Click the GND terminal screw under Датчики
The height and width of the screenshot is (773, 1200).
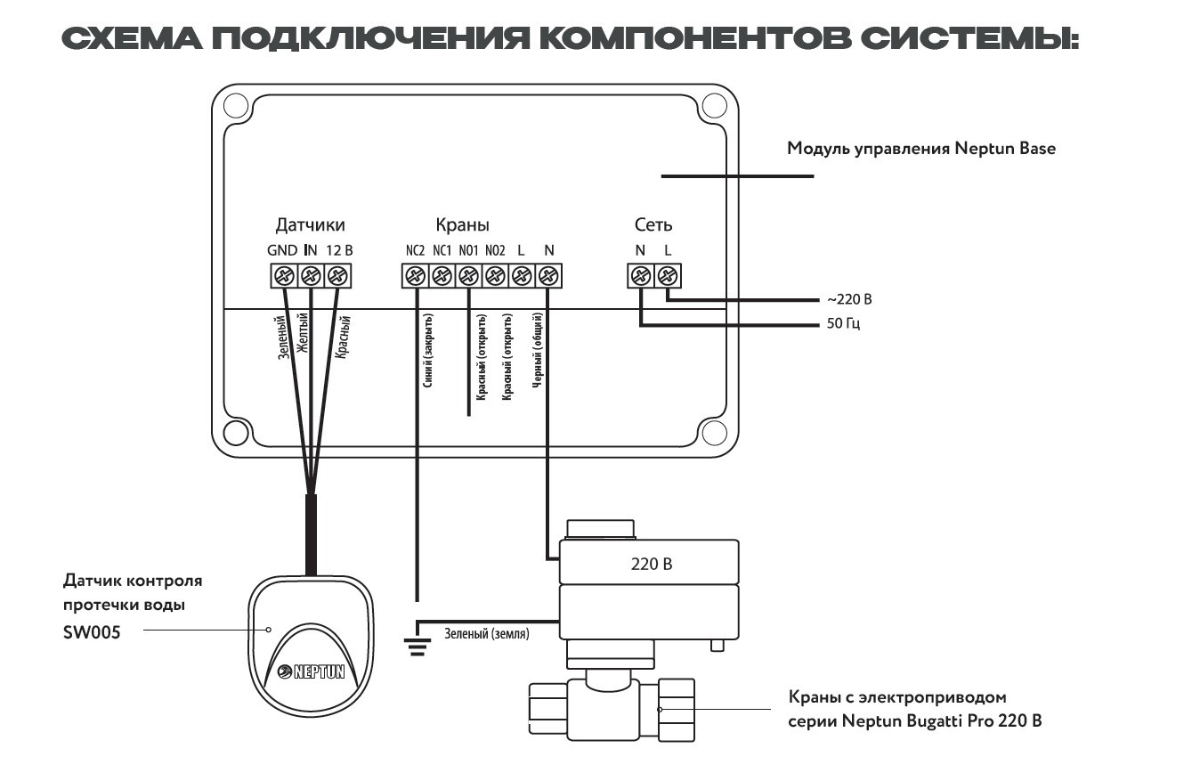tap(284, 275)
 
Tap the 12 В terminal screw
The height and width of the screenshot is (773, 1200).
tap(336, 275)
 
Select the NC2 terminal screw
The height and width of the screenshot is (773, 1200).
tap(415, 276)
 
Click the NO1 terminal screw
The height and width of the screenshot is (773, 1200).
tap(468, 276)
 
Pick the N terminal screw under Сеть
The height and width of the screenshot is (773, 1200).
tap(640, 276)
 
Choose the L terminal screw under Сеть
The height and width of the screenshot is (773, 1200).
tap(667, 276)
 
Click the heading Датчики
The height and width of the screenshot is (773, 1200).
tap(310, 224)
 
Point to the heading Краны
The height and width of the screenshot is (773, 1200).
tap(462, 225)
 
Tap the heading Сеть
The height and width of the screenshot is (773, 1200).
tap(653, 224)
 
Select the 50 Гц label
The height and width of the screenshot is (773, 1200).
tap(843, 323)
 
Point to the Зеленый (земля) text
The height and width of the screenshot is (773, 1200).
tap(487, 635)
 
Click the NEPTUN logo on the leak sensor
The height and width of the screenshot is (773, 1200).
tap(310, 673)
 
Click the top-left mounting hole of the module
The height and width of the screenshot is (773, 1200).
tap(235, 107)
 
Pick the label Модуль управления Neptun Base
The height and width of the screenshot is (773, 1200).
tap(920, 149)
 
